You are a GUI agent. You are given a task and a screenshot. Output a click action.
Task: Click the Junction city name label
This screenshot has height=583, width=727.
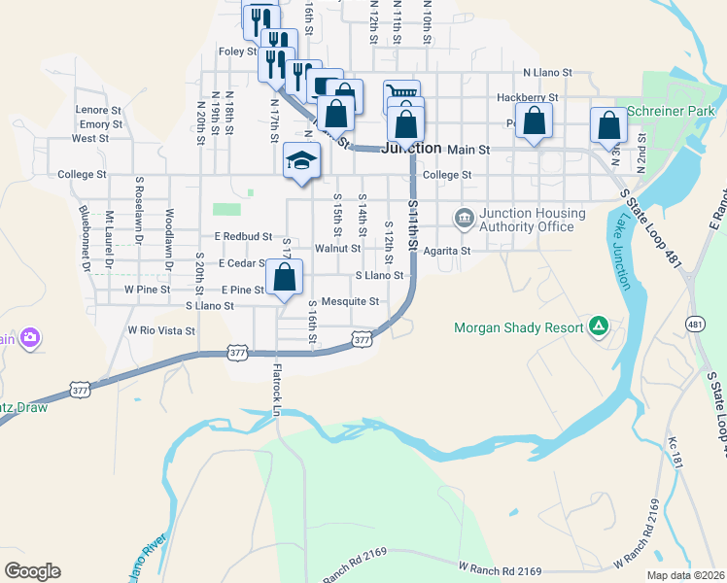tap(410, 149)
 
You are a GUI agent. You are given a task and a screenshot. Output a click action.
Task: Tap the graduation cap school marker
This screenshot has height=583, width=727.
tap(301, 159)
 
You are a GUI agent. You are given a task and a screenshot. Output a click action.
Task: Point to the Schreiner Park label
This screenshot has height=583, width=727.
tap(670, 111)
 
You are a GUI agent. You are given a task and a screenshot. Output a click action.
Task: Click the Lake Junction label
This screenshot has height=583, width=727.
tap(621, 255)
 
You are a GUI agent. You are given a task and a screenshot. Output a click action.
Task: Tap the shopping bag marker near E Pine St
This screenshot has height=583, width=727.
tap(284, 278)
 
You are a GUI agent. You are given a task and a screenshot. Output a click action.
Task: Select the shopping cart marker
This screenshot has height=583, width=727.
tap(401, 93)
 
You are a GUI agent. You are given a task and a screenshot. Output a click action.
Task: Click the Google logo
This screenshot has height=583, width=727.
tap(32, 571)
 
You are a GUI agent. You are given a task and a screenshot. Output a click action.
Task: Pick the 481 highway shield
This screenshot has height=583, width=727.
tap(694, 323)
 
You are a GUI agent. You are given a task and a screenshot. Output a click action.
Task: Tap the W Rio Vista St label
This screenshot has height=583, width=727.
tap(161, 330)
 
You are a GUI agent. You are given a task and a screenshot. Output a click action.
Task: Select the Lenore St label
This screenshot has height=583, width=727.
tap(98, 111)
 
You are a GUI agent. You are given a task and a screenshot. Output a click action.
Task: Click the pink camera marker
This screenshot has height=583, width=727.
tap(31, 337)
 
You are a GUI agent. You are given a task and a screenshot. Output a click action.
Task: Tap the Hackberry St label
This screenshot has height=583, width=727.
tap(527, 97)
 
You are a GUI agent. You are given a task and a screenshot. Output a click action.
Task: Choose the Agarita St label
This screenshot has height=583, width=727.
tap(447, 250)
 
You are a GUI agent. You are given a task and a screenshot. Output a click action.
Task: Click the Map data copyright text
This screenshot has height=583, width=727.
tap(685, 575)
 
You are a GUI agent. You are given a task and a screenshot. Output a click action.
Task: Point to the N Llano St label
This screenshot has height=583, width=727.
tap(548, 72)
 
